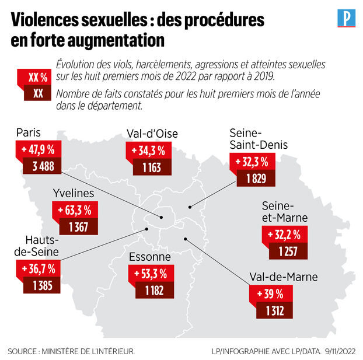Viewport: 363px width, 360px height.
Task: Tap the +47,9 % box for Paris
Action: [40, 151]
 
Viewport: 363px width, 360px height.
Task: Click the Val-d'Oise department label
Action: [152, 134]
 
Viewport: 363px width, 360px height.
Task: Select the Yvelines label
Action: [74, 193]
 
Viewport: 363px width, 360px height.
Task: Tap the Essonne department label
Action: [150, 257]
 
